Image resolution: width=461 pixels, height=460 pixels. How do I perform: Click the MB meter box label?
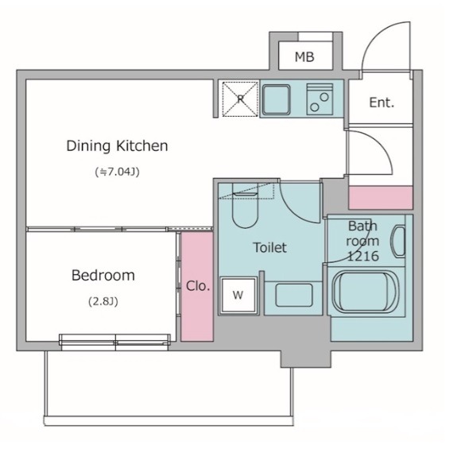tap(304, 56)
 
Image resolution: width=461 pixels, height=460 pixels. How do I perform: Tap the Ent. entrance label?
tap(382, 102)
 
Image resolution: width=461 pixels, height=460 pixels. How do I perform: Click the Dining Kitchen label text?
tap(117, 146)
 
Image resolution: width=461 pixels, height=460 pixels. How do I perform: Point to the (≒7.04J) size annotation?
tap(117, 172)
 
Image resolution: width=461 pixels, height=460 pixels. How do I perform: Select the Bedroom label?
tap(103, 276)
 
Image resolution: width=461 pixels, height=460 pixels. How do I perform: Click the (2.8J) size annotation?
tap(103, 302)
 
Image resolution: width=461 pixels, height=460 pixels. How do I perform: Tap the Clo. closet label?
tap(198, 286)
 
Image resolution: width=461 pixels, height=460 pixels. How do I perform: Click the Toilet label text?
tap(269, 248)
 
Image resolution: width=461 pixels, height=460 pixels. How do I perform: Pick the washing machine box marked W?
tap(238, 295)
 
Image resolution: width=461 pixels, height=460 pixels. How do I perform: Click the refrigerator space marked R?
tap(240, 99)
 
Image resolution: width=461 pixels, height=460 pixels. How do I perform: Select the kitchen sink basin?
tap(276, 99)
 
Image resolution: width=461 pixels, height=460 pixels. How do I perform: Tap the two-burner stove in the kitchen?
tap(320, 99)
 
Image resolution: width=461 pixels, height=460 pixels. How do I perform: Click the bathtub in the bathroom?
tap(363, 292)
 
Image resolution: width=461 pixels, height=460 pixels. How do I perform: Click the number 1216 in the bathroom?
tap(362, 256)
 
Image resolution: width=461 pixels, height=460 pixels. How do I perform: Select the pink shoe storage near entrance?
tap(381, 198)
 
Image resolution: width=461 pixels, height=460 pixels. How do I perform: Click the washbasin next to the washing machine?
tap(294, 295)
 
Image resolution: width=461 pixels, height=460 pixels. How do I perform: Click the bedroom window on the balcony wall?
tap(114, 342)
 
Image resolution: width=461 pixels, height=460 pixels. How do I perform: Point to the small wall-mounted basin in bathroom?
tap(397, 242)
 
